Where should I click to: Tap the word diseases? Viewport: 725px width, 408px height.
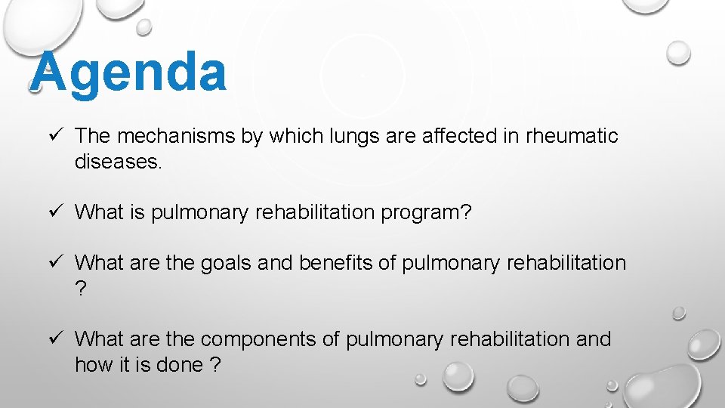click(x=117, y=162)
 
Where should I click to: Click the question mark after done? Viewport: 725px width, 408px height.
click(x=216, y=366)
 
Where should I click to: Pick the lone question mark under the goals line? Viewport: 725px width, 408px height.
click(x=81, y=289)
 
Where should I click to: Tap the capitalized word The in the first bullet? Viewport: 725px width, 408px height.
click(x=93, y=137)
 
